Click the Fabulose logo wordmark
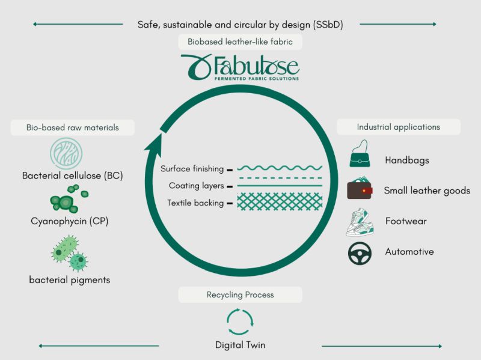[x=240, y=67]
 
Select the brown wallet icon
[x=360, y=189]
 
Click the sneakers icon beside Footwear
[x=360, y=222]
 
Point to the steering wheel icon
[x=360, y=253]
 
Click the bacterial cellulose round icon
[x=66, y=153]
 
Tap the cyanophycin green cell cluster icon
[x=69, y=199]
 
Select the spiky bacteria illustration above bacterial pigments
[x=69, y=253]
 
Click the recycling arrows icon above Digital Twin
[x=240, y=322]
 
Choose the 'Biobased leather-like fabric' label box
[x=240, y=41]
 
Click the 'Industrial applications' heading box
[x=399, y=127]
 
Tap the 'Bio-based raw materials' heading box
[x=72, y=127]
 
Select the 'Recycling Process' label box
[x=240, y=294]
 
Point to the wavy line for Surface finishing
[x=280, y=168]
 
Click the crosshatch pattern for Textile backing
[x=280, y=201]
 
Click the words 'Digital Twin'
[x=240, y=345]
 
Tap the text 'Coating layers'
[x=197, y=186]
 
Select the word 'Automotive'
[x=409, y=252]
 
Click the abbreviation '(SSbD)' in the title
[x=328, y=25]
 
